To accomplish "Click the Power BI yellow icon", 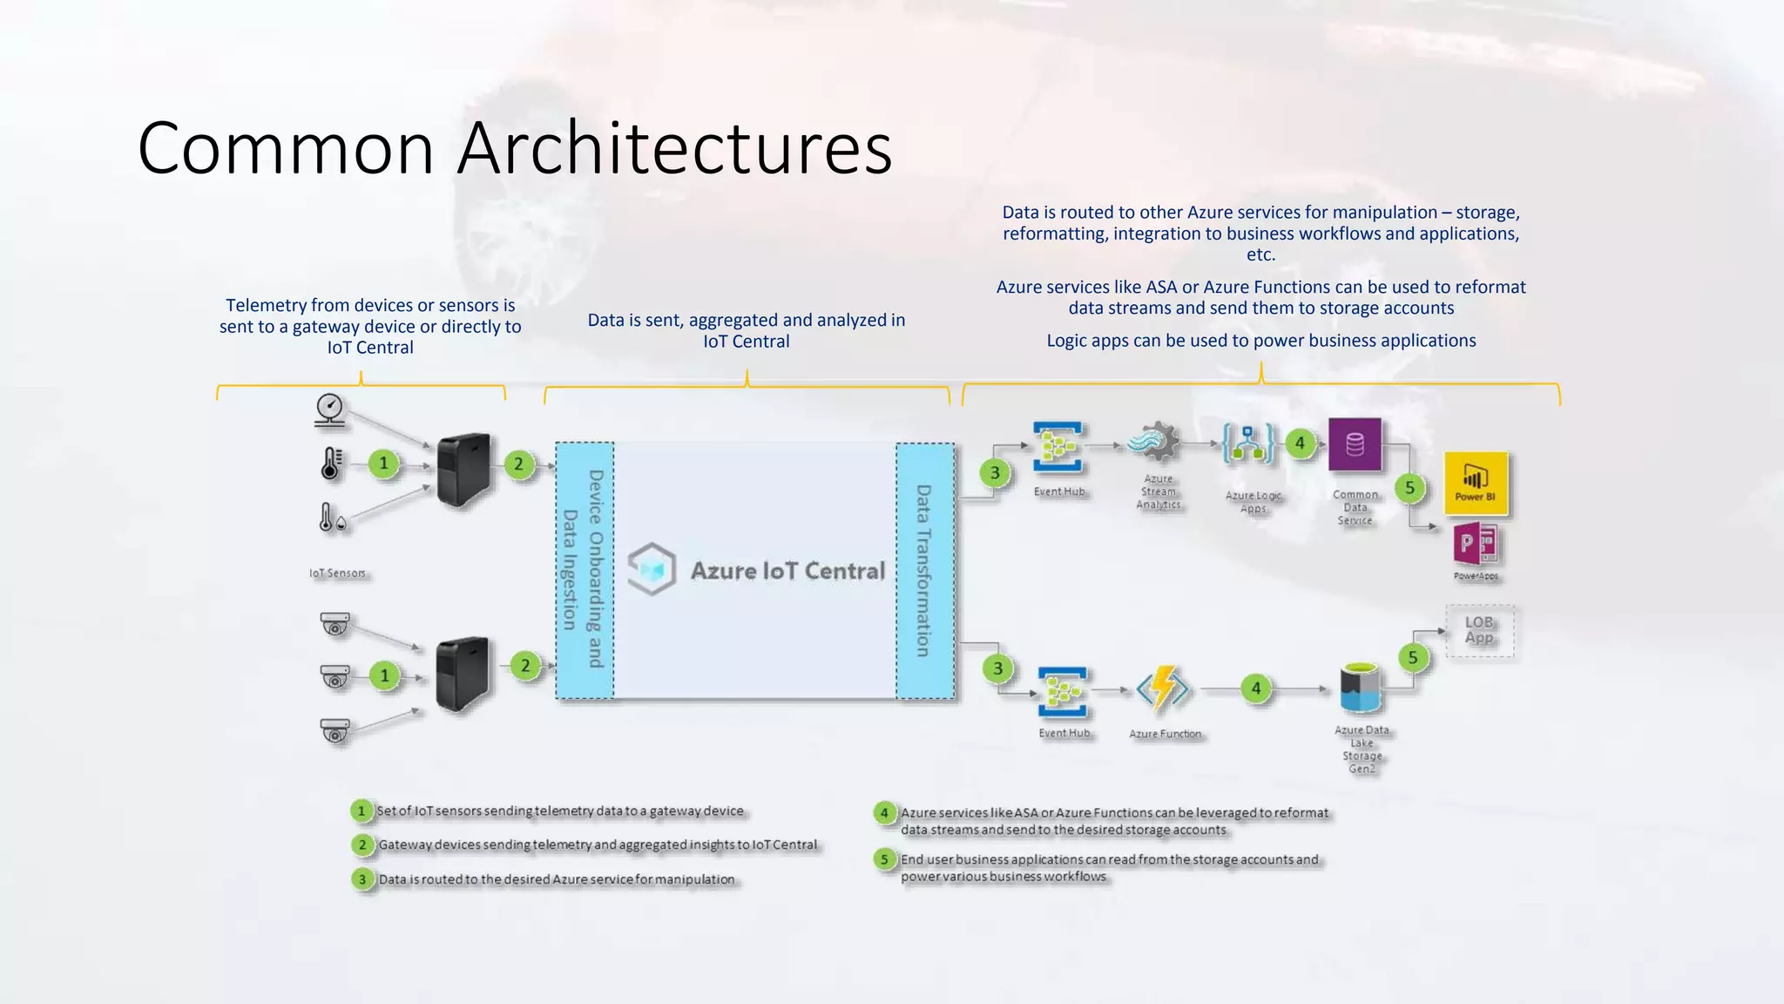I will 1476,483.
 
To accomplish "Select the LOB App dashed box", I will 1479,630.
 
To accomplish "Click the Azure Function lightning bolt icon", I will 1164,689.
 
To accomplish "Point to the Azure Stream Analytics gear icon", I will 1156,443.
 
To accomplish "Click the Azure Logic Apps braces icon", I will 1248,444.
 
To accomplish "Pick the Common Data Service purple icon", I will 1355,444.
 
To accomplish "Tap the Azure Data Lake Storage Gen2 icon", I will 1361,689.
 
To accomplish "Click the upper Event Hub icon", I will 1058,447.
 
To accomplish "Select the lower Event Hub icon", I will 1063,692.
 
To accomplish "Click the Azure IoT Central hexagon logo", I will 652,570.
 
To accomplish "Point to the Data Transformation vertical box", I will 925,570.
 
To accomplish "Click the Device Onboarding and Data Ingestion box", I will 585,570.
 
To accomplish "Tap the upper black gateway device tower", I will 463,471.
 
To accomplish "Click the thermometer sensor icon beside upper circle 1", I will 331,464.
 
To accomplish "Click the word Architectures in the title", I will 674,148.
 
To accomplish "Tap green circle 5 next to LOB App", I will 1413,657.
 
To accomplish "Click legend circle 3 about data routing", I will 362,879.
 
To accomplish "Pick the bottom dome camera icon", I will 335,730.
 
